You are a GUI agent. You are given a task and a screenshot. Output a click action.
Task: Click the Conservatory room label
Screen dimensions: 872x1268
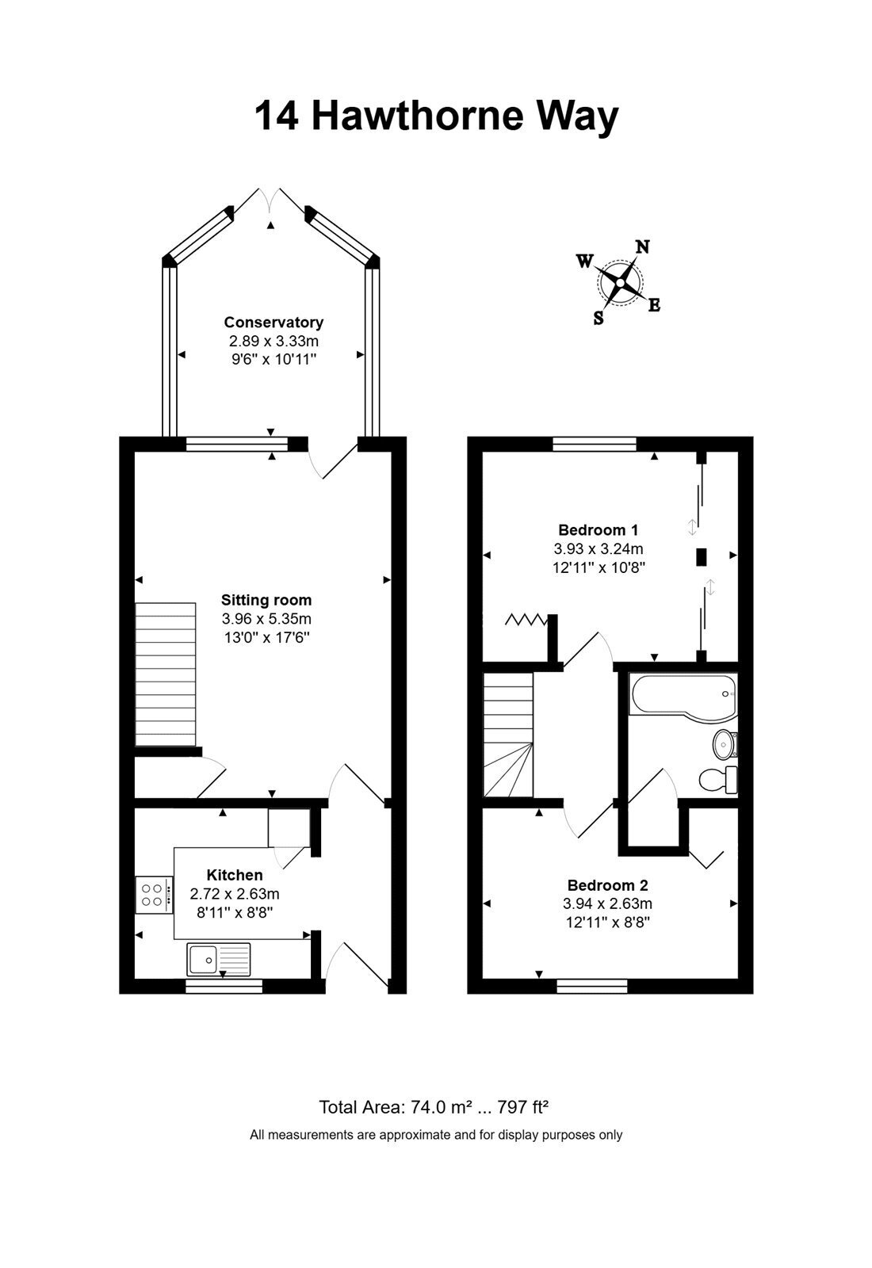pos(273,322)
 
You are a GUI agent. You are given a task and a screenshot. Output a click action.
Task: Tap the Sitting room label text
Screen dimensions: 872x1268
pos(266,600)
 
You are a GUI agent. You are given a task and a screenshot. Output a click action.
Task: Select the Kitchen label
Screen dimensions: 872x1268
pos(235,875)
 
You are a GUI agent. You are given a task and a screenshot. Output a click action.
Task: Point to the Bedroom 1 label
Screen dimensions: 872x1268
pos(598,530)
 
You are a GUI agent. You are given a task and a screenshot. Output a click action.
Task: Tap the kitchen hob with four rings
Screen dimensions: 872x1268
pos(154,895)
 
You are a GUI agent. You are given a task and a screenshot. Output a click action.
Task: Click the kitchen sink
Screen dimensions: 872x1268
pos(219,960)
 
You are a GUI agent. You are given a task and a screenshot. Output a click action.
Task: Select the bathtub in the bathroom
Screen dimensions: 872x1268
pos(683,697)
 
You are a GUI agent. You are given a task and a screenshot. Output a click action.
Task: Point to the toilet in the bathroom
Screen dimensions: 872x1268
pos(718,780)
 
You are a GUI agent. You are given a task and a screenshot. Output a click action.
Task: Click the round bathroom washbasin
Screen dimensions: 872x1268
pos(725,744)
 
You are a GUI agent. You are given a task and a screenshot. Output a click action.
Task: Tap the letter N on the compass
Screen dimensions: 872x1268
pos(643,246)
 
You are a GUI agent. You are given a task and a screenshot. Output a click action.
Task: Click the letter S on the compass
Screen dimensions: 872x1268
pos(599,318)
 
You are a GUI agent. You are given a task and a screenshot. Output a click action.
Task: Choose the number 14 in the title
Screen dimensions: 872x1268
pos(277,116)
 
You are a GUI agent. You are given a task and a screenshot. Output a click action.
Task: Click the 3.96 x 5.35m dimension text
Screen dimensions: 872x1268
pos(266,619)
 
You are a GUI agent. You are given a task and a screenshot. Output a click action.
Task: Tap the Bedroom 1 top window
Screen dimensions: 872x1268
pos(595,445)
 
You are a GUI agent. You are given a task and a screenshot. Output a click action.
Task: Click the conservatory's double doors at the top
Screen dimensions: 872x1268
pos(270,199)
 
